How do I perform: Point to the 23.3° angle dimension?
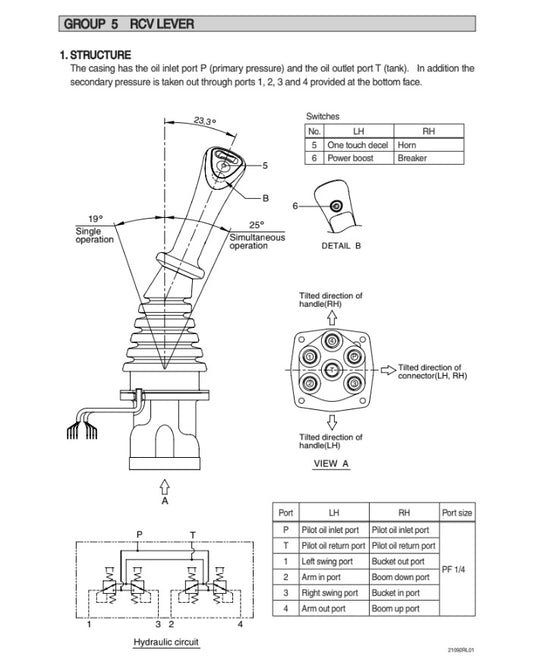point(205,122)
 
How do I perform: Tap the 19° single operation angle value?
point(94,218)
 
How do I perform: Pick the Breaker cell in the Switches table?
point(412,158)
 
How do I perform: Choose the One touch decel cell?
point(358,145)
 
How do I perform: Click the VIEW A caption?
point(331,464)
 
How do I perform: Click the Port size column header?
point(457,512)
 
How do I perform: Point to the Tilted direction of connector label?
point(429,371)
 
